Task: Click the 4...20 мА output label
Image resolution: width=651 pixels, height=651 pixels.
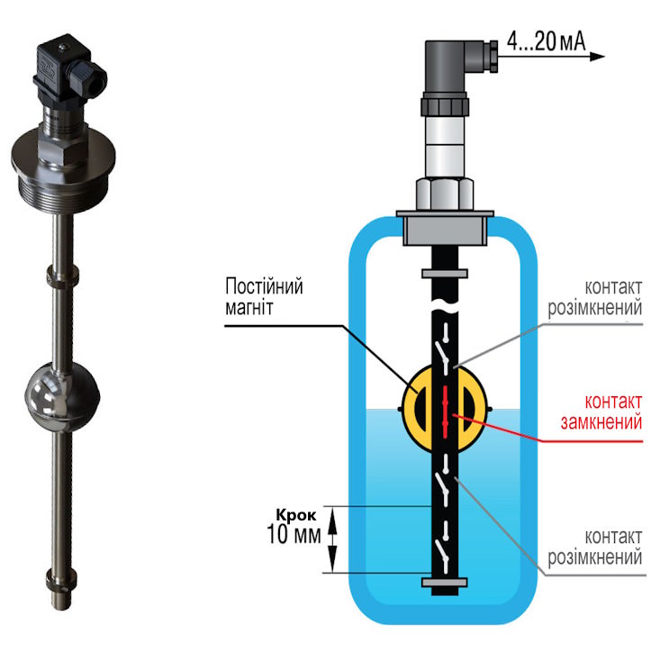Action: (x=546, y=41)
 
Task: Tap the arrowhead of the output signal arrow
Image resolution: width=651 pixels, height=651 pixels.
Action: (x=598, y=57)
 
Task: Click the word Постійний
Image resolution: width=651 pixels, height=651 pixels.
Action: (x=264, y=286)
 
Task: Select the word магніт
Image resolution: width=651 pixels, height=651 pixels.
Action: (x=249, y=308)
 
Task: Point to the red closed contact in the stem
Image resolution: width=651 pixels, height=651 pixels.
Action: (x=445, y=411)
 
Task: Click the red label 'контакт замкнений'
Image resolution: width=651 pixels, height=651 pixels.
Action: (x=601, y=411)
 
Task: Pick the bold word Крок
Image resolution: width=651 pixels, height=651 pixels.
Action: (x=296, y=516)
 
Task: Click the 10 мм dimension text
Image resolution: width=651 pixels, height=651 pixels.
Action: (x=294, y=534)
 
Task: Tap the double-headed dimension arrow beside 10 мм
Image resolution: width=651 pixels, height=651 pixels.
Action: (x=332, y=540)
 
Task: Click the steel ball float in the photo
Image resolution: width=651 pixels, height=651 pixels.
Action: (x=62, y=396)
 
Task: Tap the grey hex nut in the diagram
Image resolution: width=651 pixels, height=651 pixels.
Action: (x=445, y=194)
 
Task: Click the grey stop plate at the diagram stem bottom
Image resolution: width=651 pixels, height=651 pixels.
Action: (x=445, y=582)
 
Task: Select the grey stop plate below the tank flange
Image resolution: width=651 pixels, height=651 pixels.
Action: (x=445, y=274)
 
